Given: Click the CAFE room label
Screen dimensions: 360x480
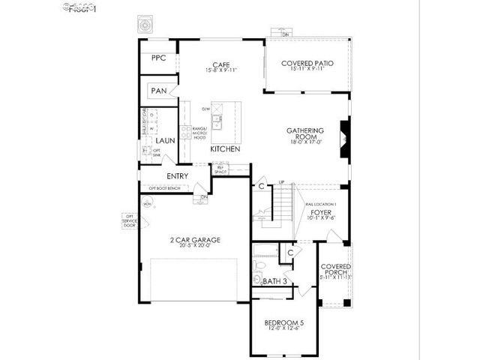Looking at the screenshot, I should (220, 64).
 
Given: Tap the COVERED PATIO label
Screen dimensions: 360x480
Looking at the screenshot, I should (307, 64).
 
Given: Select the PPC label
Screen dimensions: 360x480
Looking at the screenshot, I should (158, 58).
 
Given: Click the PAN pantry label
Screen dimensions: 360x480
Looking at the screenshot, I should (158, 91).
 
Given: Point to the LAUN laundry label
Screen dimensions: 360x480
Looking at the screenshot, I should (166, 140).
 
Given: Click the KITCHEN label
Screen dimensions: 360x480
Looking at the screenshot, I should (225, 149).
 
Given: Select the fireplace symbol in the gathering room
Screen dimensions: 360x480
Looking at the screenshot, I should (344, 139).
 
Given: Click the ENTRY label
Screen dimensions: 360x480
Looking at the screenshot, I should (177, 176).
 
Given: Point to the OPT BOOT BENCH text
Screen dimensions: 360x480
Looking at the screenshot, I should (163, 187).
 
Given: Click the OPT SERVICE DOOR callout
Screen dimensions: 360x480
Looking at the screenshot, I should (129, 220).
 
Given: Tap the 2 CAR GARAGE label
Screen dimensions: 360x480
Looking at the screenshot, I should (194, 239).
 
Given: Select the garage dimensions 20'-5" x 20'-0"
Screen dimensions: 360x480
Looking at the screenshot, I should (194, 246).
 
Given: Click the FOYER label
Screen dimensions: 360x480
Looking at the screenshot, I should (320, 212).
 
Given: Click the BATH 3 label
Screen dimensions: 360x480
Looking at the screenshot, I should (275, 281).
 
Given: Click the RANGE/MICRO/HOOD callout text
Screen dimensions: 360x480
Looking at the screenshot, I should (198, 133).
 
